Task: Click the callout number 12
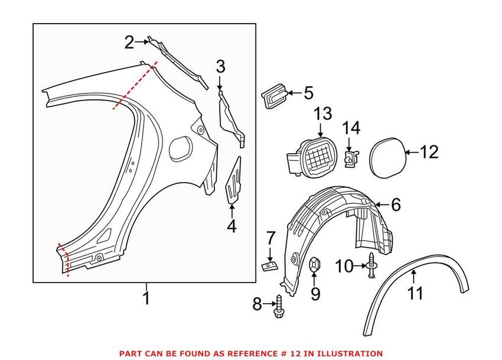pos(429,152)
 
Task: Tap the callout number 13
pos(323,114)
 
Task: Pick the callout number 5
pos(308,93)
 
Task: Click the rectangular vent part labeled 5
pos(273,96)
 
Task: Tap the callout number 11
pos(416,292)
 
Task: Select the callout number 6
pos(395,205)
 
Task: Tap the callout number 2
pos(129,42)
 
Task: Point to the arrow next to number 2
pos(143,42)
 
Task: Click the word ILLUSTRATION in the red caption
pos(348,353)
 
